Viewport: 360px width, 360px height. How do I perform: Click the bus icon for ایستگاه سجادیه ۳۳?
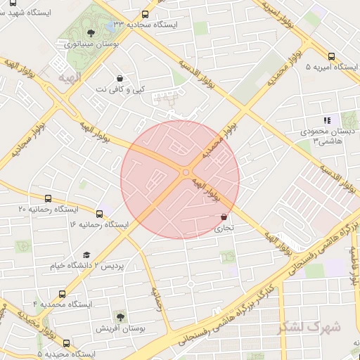pos(146,14)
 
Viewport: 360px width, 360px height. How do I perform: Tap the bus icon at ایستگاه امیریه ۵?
pos(331,57)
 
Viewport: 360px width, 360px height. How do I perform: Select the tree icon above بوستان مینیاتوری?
pos(89,32)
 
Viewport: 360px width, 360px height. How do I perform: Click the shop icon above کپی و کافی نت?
pos(121,79)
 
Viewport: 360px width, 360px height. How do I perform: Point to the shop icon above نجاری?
pos(224,217)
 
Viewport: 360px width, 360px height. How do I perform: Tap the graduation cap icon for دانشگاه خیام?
pos(86,255)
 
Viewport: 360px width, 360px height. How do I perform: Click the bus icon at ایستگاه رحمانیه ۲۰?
pos(48,199)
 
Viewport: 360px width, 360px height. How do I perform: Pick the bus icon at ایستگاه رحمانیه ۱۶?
pos(99,214)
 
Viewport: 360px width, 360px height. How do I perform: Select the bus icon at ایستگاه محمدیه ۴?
pos(62,294)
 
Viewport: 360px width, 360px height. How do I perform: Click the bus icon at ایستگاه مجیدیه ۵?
pos(67,343)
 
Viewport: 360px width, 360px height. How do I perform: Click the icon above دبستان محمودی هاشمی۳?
pos(326,120)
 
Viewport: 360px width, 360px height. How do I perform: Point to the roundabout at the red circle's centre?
pos(186,172)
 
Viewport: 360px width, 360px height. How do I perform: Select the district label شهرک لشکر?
pos(309,327)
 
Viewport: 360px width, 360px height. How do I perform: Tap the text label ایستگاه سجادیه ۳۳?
pos(186,23)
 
